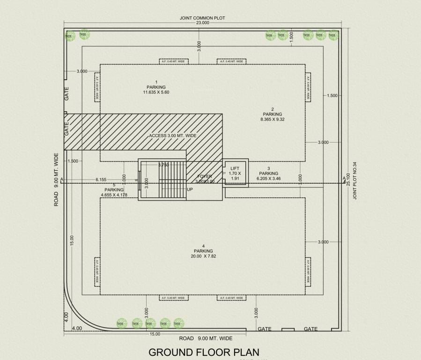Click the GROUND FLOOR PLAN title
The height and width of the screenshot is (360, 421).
(x=204, y=352)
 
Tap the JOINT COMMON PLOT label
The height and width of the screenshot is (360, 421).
(x=202, y=18)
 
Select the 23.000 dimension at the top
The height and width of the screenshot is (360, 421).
(x=202, y=23)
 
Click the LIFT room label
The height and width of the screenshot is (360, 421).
(x=235, y=168)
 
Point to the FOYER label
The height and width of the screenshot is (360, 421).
(x=205, y=177)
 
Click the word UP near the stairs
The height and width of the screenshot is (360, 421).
(x=190, y=189)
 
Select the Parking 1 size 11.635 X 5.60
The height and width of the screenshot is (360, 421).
(x=156, y=92)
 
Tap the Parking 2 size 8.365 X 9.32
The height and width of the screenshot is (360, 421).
(x=273, y=120)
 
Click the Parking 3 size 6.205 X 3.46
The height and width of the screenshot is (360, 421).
(x=269, y=179)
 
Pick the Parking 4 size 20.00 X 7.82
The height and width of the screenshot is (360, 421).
(x=203, y=256)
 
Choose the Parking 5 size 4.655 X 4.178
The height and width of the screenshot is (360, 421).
(x=114, y=195)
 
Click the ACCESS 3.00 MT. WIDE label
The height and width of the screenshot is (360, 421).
(x=172, y=136)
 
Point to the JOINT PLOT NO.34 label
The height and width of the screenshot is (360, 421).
(x=355, y=181)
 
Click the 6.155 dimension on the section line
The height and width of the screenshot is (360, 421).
(x=101, y=180)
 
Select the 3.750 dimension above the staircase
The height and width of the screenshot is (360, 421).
(x=163, y=165)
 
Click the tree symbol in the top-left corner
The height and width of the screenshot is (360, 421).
(x=69, y=36)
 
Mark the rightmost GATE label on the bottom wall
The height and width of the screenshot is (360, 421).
(x=310, y=329)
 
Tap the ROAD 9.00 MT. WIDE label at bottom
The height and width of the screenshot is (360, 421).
(x=206, y=338)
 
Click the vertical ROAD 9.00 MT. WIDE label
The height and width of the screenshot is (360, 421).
(x=56, y=180)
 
